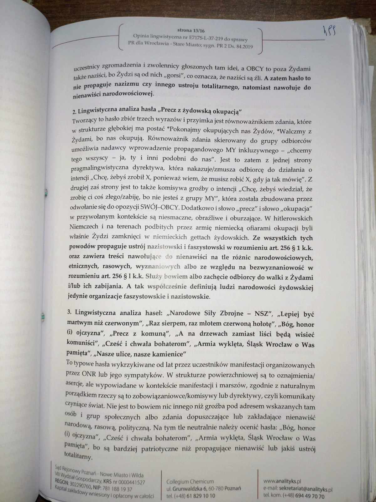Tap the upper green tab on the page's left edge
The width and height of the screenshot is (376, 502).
point(46,192)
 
